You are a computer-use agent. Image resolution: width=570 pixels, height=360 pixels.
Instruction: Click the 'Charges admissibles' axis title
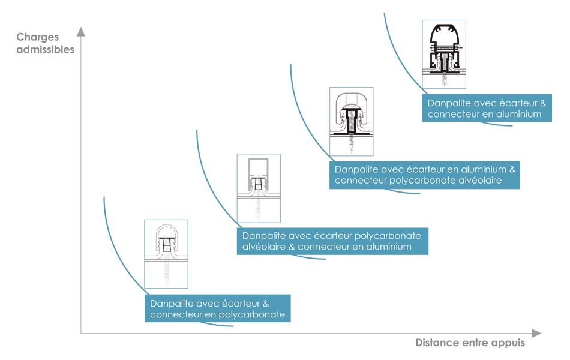pyautogui.click(x=46, y=43)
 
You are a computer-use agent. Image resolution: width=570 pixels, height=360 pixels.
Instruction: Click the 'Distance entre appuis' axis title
pyautogui.click(x=470, y=343)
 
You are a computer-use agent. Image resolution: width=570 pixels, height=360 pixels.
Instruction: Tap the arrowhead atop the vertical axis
pyautogui.click(x=81, y=31)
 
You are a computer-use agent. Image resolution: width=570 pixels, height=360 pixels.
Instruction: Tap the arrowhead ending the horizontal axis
pyautogui.click(x=536, y=333)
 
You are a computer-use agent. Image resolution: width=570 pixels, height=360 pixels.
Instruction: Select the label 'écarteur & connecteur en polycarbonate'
pyautogui.click(x=217, y=308)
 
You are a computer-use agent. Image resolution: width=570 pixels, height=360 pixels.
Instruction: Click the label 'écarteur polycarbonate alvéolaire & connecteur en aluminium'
pyautogui.click(x=332, y=241)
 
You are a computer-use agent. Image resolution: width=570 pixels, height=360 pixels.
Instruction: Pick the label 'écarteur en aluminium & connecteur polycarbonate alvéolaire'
pyautogui.click(x=424, y=175)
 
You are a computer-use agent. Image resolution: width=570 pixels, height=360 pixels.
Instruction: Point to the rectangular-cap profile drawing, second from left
pyautogui.click(x=258, y=188)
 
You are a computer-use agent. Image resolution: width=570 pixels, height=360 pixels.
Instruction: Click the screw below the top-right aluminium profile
pyautogui.click(x=444, y=79)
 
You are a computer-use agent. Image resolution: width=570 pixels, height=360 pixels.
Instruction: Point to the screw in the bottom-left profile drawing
pyautogui.click(x=166, y=273)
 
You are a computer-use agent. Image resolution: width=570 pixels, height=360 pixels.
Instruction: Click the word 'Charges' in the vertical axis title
pyautogui.click(x=37, y=37)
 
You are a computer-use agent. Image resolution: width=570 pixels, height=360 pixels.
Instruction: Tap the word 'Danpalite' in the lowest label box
pyautogui.click(x=171, y=303)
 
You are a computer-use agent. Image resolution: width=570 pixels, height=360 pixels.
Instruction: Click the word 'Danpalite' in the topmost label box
pyautogui.click(x=448, y=103)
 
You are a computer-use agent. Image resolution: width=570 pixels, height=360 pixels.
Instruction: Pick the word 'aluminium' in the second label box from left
pyautogui.click(x=389, y=247)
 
